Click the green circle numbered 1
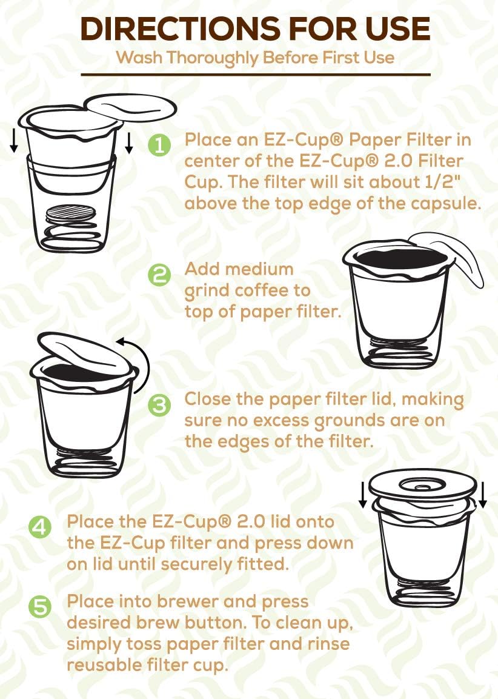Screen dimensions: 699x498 [x=158, y=144]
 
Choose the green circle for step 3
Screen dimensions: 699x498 [x=159, y=405]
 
